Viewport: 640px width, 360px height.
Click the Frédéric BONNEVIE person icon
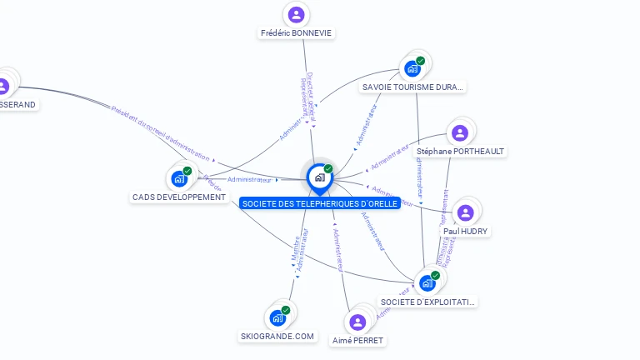(296, 14)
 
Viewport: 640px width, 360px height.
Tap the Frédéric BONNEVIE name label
(296, 33)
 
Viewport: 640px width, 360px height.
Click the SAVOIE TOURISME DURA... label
(413, 87)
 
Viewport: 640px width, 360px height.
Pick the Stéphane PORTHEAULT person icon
(460, 132)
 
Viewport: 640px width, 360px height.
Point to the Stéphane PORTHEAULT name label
(460, 152)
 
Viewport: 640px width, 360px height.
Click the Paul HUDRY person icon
(466, 212)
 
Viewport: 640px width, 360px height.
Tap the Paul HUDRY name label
(466, 231)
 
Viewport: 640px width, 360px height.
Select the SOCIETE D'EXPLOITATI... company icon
(427, 282)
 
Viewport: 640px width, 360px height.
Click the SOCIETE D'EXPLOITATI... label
(428, 302)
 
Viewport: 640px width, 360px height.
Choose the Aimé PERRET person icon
(358, 322)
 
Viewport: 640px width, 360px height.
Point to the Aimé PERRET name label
(358, 340)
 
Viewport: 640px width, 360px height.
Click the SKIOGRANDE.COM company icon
(277, 317)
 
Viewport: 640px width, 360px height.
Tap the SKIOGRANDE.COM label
(277, 337)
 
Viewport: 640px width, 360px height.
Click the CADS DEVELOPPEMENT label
(179, 197)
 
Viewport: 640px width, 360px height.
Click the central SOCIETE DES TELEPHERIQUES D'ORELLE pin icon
(319, 177)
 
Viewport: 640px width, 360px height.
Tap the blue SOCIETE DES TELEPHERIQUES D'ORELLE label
(319, 203)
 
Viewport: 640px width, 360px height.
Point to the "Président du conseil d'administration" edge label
(163, 133)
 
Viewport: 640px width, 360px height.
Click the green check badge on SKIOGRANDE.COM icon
(286, 310)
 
